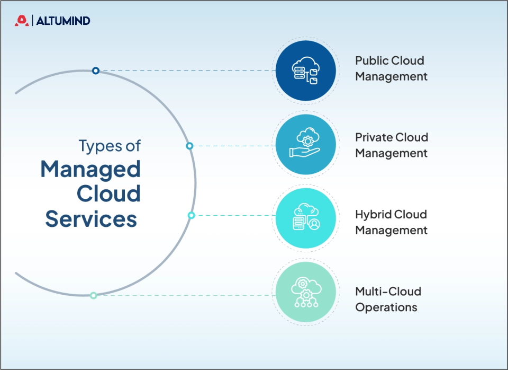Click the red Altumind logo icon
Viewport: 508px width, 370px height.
pos(22,21)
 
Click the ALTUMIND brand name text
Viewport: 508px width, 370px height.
pos(63,21)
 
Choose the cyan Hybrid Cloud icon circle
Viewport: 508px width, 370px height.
pos(306,218)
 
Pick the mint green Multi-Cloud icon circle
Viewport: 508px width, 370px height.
pos(306,292)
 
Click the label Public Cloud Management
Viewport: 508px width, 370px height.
pos(391,68)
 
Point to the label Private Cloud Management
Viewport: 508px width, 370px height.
pos(391,145)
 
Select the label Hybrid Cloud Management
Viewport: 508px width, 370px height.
pos(391,222)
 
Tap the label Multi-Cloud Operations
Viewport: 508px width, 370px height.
pos(388,299)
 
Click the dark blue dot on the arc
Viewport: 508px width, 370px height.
pos(96,71)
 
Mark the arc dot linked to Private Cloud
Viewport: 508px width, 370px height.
pos(189,146)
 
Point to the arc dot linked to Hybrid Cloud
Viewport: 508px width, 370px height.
pos(192,215)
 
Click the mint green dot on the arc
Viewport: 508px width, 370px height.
pos(94,295)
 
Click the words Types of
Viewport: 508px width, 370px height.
pos(110,145)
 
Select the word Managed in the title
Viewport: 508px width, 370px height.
pos(90,170)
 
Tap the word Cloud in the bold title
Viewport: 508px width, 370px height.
pos(108,193)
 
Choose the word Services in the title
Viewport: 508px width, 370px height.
pos(91,218)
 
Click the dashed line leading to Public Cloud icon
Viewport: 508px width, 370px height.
pos(185,71)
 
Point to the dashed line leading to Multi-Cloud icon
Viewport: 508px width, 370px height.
pos(185,295)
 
